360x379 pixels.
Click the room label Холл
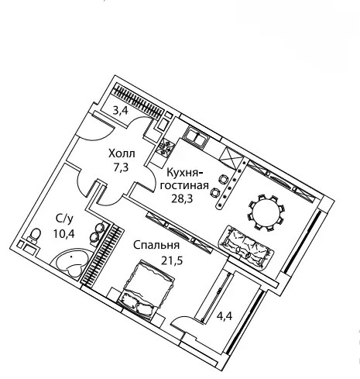point(122,153)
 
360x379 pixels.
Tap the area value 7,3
point(122,167)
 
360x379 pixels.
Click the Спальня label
point(156,245)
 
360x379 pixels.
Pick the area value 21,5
point(172,260)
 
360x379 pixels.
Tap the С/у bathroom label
point(64,219)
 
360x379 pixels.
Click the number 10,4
point(64,234)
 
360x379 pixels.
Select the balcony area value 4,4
point(225,315)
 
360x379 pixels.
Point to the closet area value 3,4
point(121,111)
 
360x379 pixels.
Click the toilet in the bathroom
point(35,236)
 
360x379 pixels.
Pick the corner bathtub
point(71,264)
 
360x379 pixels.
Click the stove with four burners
point(165,149)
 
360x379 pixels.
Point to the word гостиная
point(184,186)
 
